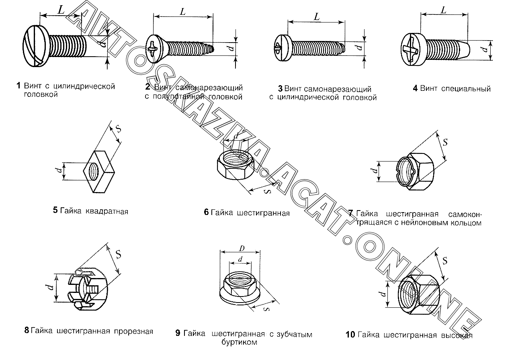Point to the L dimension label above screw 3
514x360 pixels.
(x=317, y=17)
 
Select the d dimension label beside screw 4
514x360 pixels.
(x=485, y=49)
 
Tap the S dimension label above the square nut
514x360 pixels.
(x=119, y=129)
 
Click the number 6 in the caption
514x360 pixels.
(x=206, y=213)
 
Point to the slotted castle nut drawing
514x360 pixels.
(x=88, y=288)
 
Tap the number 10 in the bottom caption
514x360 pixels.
(x=350, y=335)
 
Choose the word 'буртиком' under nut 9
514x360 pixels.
(x=239, y=342)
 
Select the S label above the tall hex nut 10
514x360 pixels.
(x=445, y=260)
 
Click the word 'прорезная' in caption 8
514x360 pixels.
(x=133, y=331)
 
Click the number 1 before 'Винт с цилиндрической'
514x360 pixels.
(x=18, y=86)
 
